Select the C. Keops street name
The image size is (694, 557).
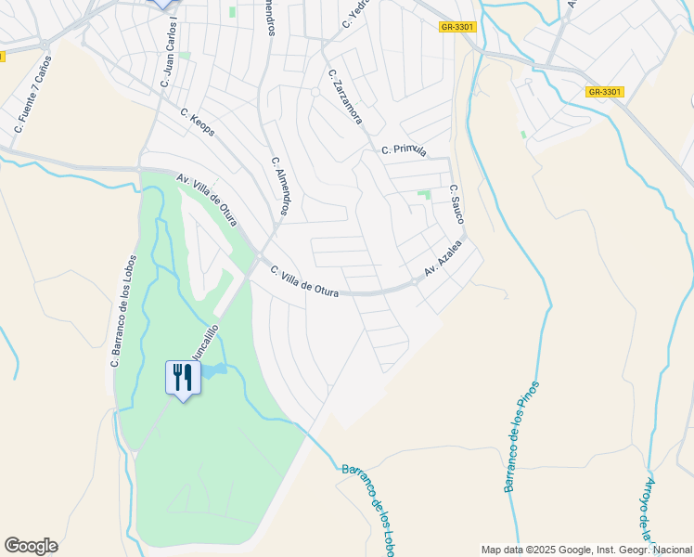click(198, 123)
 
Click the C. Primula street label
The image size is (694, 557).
click(404, 149)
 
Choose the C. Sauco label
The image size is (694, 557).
click(456, 203)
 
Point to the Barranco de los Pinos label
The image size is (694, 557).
click(520, 436)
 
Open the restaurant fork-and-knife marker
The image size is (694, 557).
click(183, 378)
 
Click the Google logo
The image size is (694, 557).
click(31, 546)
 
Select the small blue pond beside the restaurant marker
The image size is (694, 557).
click(212, 371)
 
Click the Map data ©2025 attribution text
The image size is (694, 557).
click(586, 550)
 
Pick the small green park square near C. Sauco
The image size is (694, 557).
click(424, 195)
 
